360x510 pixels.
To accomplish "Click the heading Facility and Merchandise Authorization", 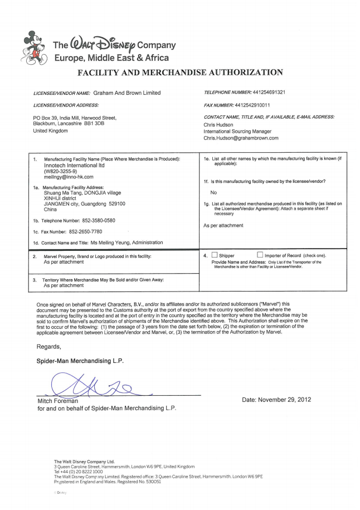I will tap(179, 72).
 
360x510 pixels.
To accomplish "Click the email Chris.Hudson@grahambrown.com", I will tap(241, 138).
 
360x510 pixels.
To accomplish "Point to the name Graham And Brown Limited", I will tap(127, 93).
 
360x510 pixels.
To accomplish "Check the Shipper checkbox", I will tap(214, 255).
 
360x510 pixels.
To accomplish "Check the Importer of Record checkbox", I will tap(260, 255).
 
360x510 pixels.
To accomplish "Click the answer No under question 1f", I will tap(213, 192).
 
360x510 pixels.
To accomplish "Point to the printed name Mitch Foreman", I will tap(57, 401).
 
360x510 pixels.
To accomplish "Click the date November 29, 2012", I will tap(276, 400).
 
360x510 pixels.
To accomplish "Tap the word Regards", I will tap(48, 346).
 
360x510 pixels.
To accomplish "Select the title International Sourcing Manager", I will tap(237, 131).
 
